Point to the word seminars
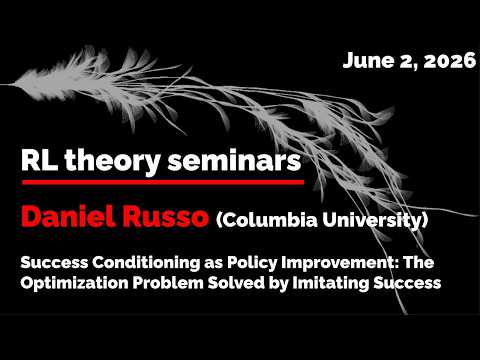point(234,160)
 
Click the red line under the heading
point(163,182)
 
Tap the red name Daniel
point(68,216)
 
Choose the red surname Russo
point(165,217)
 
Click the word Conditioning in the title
point(146,263)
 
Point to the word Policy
point(252,263)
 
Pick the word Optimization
point(74,283)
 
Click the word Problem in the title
point(168,283)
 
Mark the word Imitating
point(331,283)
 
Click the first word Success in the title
point(54,263)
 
